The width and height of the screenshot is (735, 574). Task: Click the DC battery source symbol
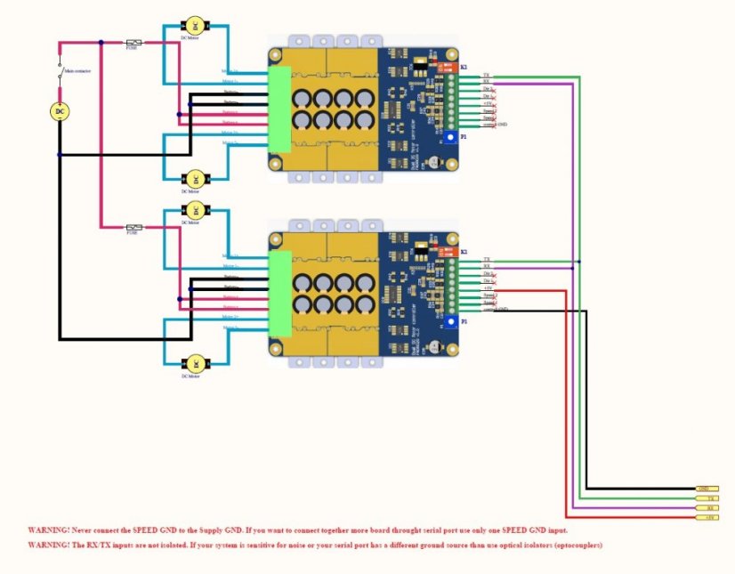pyautogui.click(x=60, y=110)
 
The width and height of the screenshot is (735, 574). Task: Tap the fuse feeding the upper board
pyautogui.click(x=133, y=42)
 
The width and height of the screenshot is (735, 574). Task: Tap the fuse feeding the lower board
pyautogui.click(x=133, y=227)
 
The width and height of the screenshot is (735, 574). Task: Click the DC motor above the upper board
pyautogui.click(x=193, y=27)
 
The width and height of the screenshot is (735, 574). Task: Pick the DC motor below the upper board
pyautogui.click(x=193, y=178)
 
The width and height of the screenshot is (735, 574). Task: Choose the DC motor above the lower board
pyautogui.click(x=193, y=210)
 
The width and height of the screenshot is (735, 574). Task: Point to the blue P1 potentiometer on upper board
pyautogui.click(x=452, y=139)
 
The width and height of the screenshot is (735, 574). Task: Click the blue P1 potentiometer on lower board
pyautogui.click(x=452, y=322)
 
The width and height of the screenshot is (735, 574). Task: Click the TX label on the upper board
pyautogui.click(x=485, y=76)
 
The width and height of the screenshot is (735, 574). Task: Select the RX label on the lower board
pyautogui.click(x=486, y=266)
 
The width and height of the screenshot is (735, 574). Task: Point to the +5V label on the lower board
pyautogui.click(x=487, y=287)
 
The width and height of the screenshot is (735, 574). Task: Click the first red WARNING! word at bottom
pyautogui.click(x=44, y=529)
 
